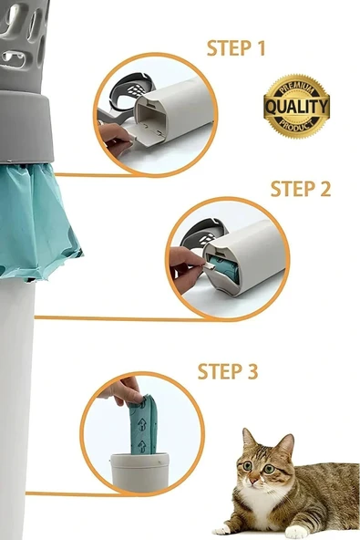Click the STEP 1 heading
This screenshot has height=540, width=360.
point(236,48)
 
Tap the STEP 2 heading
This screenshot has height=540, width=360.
point(301,189)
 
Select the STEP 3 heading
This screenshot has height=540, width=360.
point(228,371)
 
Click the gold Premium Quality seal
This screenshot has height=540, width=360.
point(297,107)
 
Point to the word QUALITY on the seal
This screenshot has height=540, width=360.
point(297,107)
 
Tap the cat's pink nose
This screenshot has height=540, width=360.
point(253,480)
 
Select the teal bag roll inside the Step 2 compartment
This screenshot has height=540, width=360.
point(225,269)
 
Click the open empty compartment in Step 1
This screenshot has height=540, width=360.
point(152,119)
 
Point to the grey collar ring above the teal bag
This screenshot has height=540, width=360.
point(26,127)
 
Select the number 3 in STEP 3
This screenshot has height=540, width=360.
point(252,371)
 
